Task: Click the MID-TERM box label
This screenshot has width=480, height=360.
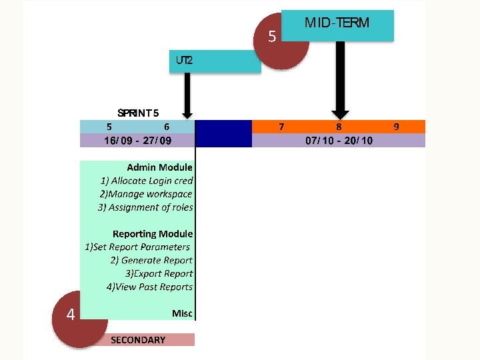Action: click(x=337, y=23)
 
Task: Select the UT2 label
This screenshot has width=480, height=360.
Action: click(x=185, y=60)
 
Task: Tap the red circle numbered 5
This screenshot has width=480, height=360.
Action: click(x=271, y=37)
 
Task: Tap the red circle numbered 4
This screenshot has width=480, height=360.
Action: click(x=71, y=314)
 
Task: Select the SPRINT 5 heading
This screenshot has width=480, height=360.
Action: click(x=138, y=113)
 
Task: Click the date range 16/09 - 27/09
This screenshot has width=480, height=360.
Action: click(x=137, y=141)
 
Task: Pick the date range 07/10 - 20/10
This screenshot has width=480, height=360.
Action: click(x=339, y=141)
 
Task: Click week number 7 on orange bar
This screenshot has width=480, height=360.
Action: click(x=282, y=126)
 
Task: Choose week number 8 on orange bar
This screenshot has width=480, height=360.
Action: click(x=339, y=126)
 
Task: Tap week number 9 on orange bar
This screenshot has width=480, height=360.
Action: click(x=396, y=126)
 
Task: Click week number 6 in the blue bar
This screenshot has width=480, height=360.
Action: click(x=167, y=126)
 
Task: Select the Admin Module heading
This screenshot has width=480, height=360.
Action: click(x=159, y=167)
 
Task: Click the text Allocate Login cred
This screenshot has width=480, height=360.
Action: click(x=147, y=181)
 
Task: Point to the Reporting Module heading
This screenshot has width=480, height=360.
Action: click(x=153, y=234)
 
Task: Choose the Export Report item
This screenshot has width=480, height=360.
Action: click(x=159, y=273)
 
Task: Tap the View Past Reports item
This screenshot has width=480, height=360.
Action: click(x=149, y=287)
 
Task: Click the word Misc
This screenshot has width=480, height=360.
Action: click(x=182, y=313)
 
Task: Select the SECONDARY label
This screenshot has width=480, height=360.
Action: click(x=138, y=340)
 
